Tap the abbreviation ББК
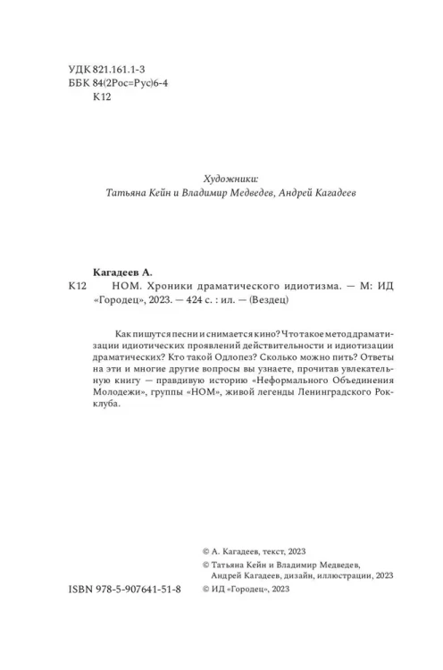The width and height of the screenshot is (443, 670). coord(79,84)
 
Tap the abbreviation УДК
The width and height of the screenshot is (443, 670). coord(79,68)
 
